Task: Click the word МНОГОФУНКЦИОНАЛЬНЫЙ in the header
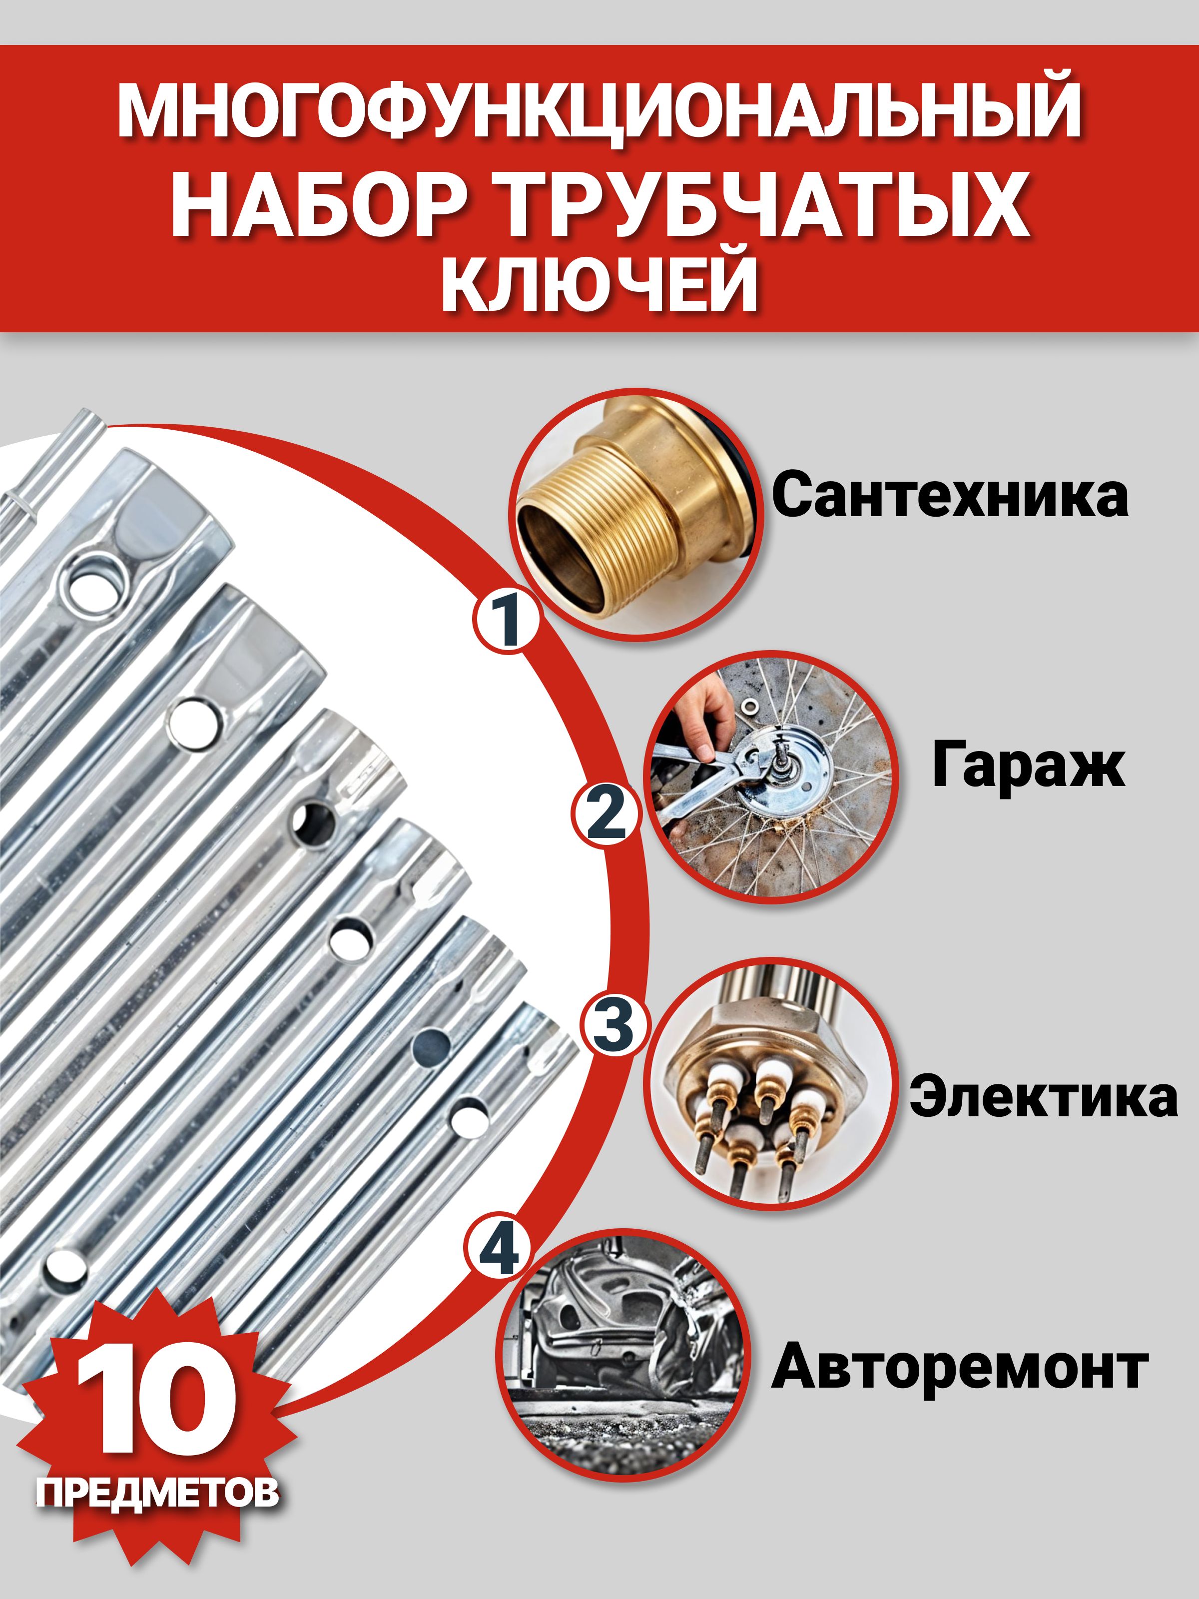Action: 599,110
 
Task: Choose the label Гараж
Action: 1028,766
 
